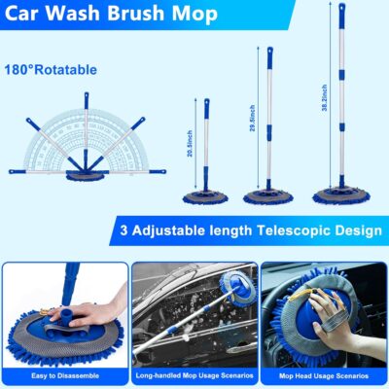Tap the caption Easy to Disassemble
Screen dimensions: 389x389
(x=63, y=374)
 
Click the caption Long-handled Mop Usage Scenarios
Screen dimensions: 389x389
(x=194, y=374)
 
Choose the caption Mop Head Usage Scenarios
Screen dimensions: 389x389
(x=324, y=374)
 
